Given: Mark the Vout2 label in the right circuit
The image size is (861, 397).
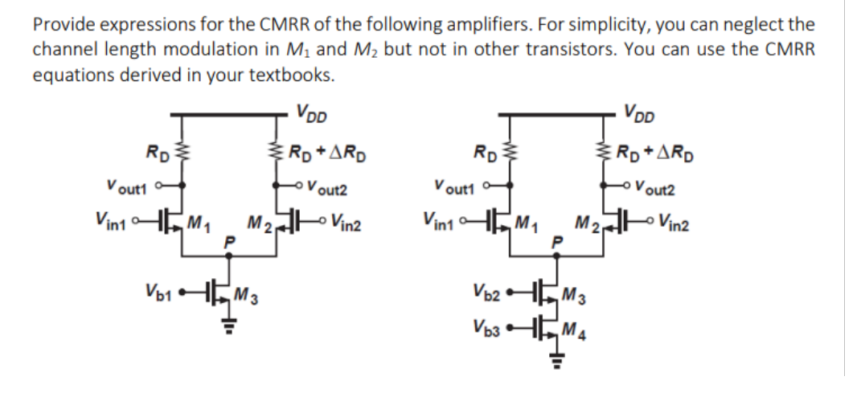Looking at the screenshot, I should click(x=652, y=190).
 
